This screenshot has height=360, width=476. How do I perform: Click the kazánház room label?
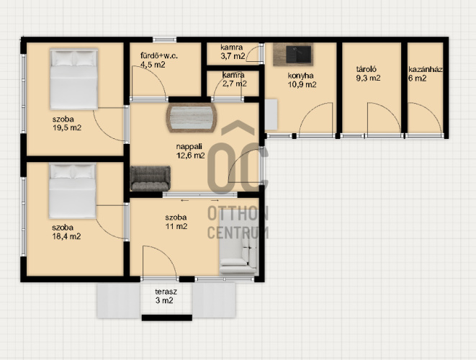point(425,73)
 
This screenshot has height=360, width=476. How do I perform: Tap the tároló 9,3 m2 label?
point(368,73)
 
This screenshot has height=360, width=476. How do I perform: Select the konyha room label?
point(302,80)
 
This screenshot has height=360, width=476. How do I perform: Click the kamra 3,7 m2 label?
point(233,52)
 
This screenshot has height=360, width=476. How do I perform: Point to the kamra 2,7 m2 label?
point(234,79)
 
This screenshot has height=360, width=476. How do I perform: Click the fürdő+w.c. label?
point(158,60)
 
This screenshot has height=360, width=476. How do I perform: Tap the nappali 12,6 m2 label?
point(190,151)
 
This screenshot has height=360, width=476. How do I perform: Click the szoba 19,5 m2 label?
point(67,123)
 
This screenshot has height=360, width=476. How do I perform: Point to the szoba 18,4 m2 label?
point(66,232)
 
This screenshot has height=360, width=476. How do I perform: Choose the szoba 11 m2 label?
point(176,222)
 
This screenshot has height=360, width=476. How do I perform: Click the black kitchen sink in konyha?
point(298,54)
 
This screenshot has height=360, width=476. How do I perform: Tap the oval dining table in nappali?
point(192,117)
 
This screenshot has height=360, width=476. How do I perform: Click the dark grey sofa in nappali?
point(151,178)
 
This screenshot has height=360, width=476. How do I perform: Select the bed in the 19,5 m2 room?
point(73,79)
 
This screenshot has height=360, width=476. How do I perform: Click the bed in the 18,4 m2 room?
point(73,191)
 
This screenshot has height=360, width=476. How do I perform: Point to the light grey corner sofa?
point(238,243)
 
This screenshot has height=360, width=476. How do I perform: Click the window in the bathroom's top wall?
point(164,40)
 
